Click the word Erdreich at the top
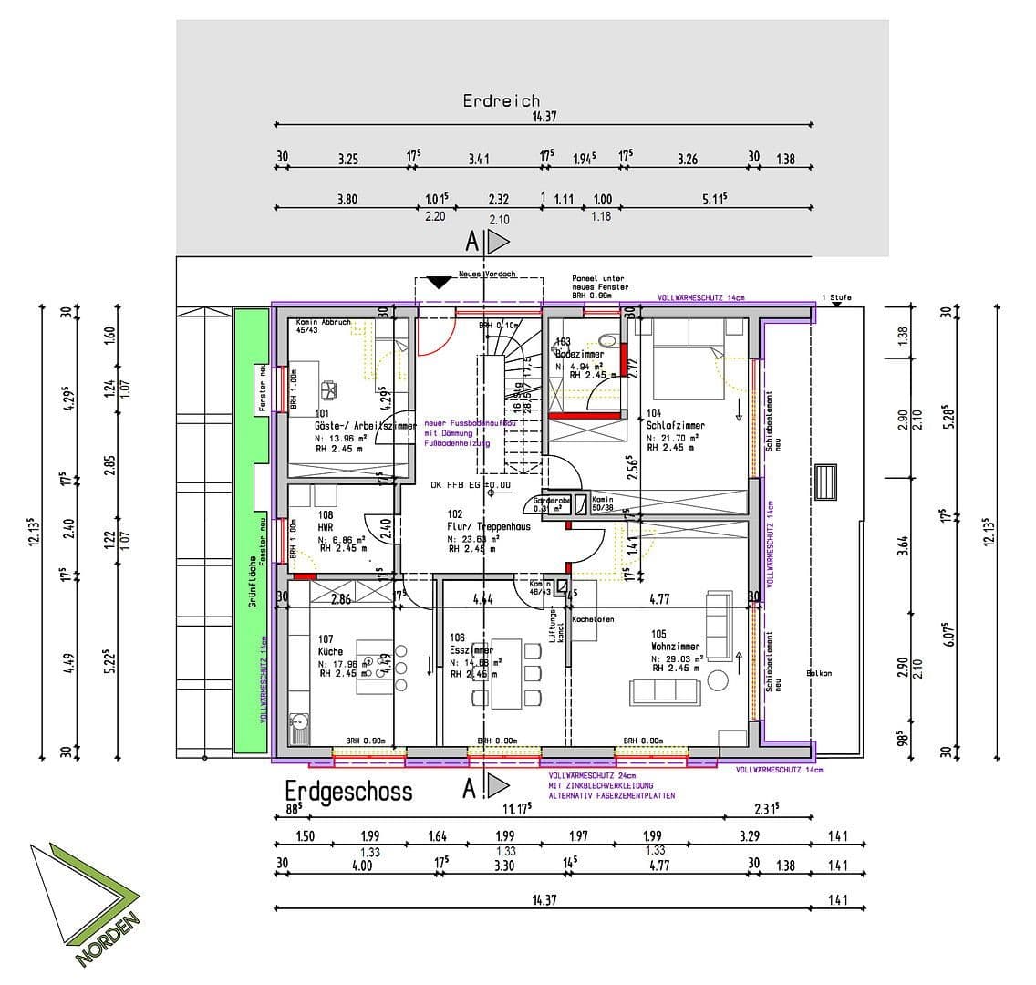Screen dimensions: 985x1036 point(501,101)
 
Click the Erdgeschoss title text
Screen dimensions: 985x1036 point(348,791)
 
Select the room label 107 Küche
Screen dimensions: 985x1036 point(330,646)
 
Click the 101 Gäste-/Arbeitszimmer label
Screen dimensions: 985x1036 point(350,420)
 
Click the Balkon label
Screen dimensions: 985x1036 point(819,674)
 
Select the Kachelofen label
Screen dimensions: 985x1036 point(593,620)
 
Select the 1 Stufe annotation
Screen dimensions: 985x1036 point(836,298)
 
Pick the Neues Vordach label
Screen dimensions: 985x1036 point(487,274)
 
